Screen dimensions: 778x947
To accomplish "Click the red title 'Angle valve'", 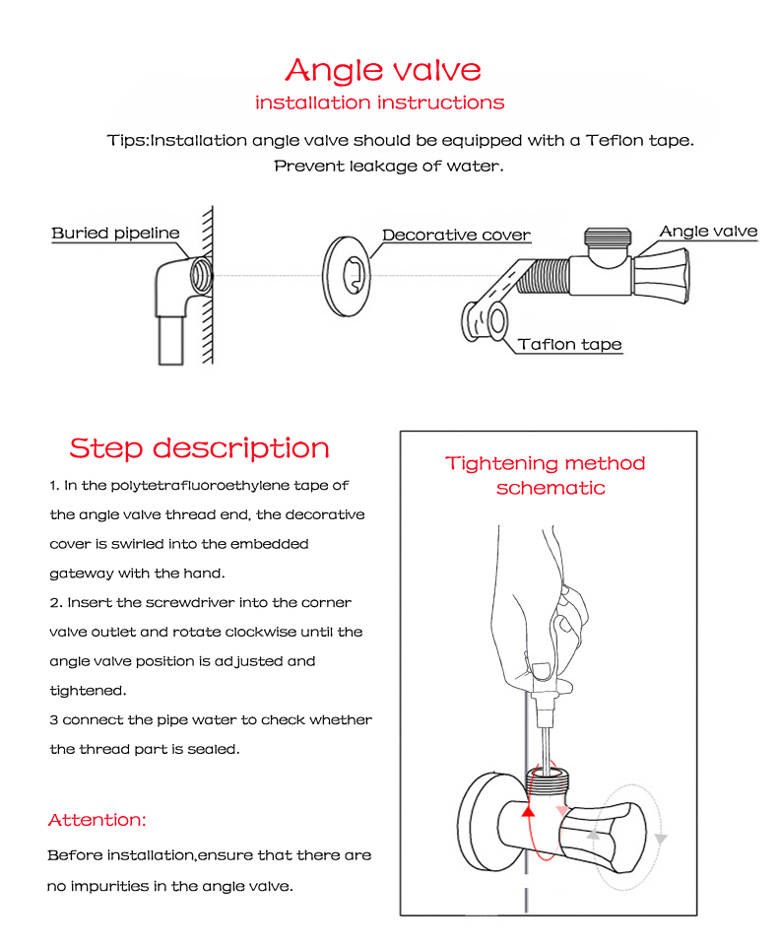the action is (x=383, y=70).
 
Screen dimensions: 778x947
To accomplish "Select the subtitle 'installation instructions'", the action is (x=379, y=102).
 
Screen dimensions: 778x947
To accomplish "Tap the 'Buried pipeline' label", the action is (x=115, y=234).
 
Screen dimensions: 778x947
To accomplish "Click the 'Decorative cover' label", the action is (x=456, y=236).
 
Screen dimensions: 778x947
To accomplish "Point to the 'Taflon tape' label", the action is (x=569, y=344).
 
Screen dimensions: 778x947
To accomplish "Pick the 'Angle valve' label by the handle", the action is (x=708, y=232).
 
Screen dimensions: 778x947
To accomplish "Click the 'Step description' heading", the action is (x=199, y=448).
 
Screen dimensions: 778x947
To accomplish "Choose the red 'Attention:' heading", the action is (x=97, y=820).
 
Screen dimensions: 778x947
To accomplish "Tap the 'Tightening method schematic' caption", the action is (x=546, y=475).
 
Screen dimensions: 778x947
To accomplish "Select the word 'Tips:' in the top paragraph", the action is (x=128, y=140).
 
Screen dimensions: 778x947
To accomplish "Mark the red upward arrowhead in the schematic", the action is (x=527, y=811).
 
